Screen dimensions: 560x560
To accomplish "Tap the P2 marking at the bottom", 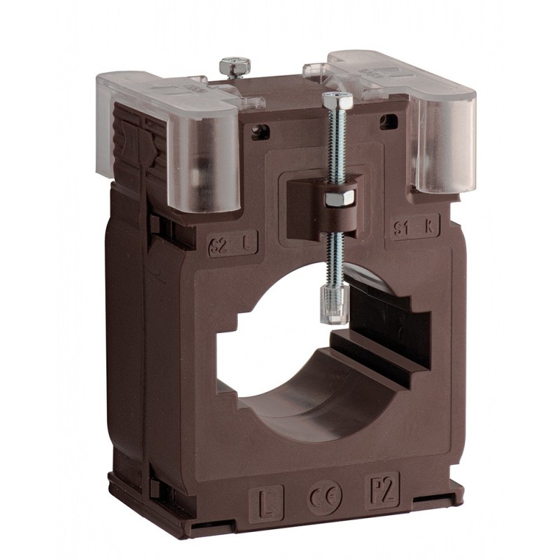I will [382, 487].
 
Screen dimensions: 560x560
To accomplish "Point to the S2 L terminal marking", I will [233, 244].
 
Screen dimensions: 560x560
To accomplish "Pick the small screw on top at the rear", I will [235, 66].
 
